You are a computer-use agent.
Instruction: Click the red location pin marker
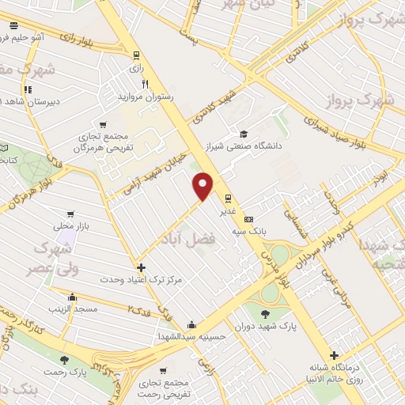[203, 185]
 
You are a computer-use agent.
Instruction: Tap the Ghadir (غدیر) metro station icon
[228, 199]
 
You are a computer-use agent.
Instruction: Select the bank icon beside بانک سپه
[249, 219]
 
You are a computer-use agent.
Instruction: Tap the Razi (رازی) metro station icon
[137, 55]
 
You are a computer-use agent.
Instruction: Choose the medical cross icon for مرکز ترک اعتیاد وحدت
[141, 267]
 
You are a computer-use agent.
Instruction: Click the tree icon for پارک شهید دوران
[264, 315]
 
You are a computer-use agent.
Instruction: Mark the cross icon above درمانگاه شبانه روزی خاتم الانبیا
[335, 356]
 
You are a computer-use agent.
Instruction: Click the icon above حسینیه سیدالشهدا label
[192, 324]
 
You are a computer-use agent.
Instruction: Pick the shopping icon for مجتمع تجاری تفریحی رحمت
[163, 370]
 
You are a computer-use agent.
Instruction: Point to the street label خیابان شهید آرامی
[153, 175]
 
